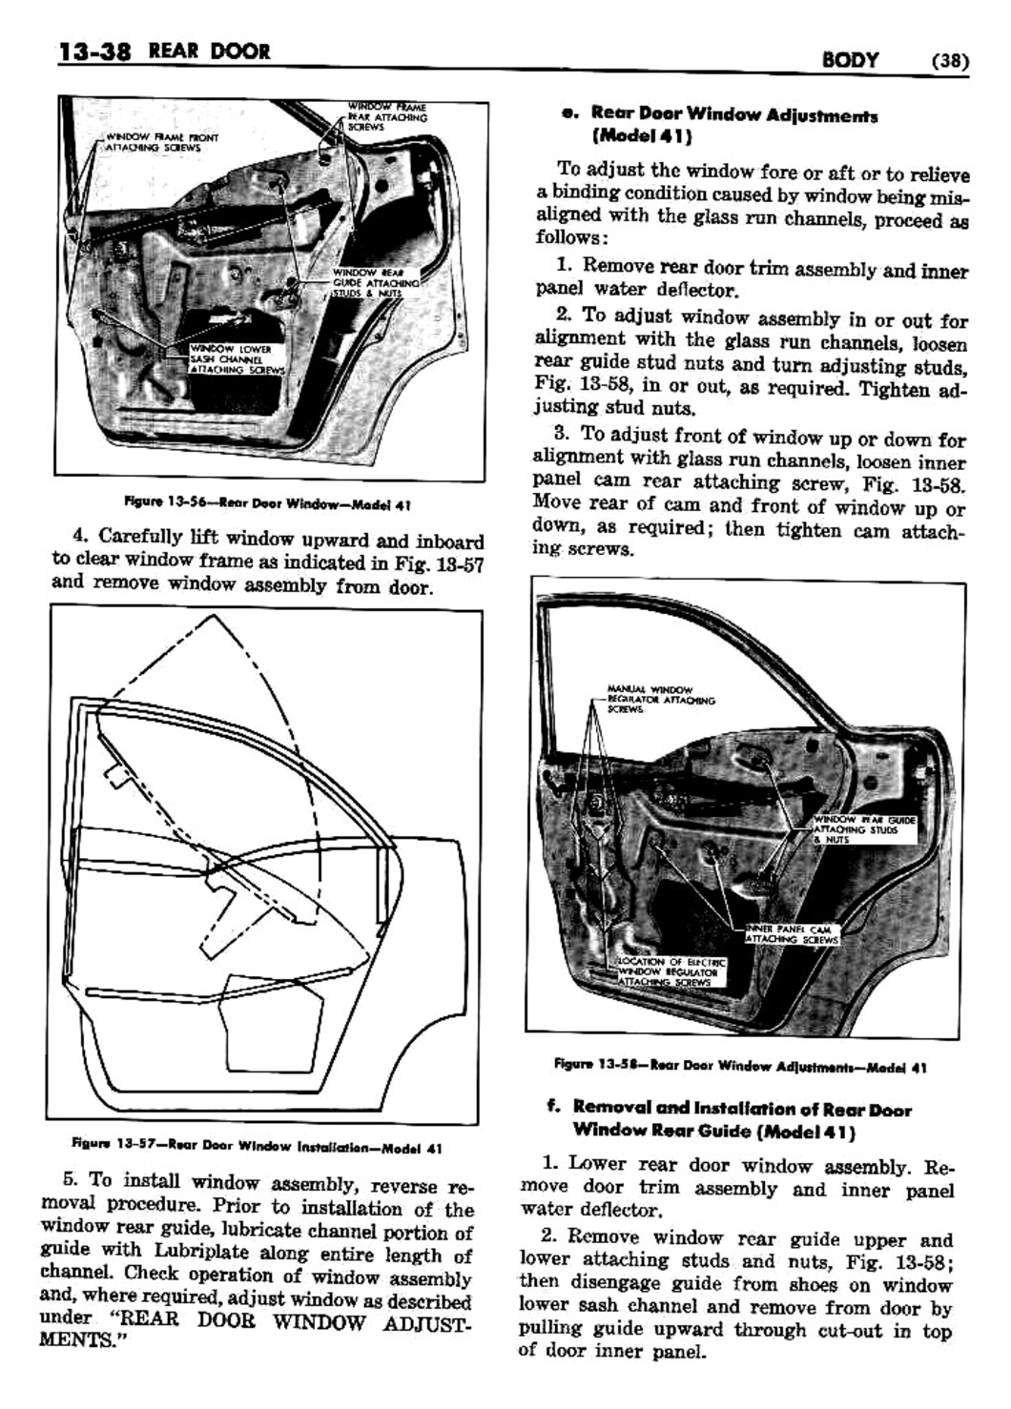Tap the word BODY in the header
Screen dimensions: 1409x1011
tap(850, 60)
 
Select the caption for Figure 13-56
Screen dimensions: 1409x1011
tap(268, 503)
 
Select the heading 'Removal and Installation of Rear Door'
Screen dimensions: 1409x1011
tap(742, 1110)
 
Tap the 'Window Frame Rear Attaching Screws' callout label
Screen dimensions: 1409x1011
tap(386, 115)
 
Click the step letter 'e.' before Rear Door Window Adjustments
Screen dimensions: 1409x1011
tap(570, 113)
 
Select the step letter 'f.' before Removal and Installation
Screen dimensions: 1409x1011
tap(552, 1109)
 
